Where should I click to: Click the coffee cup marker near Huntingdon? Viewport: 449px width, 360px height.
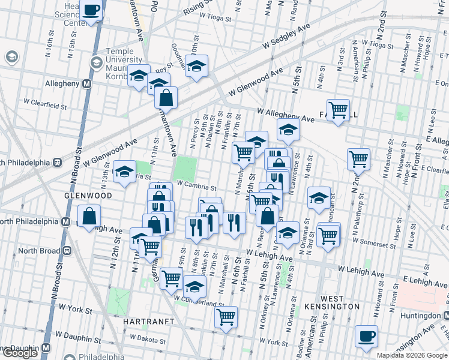point(366,337)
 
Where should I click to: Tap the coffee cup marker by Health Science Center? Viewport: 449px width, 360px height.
point(92,10)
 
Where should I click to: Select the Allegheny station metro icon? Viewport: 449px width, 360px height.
point(86,84)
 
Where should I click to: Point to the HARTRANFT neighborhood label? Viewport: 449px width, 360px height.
point(148,322)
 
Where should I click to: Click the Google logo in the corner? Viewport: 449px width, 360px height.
point(20,353)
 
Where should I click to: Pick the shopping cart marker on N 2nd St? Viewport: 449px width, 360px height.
point(358,159)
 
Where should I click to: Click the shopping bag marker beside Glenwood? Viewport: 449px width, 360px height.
point(89,217)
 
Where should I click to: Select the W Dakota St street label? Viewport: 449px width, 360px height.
point(147,339)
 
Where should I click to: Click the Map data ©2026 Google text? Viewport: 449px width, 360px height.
point(412,355)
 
